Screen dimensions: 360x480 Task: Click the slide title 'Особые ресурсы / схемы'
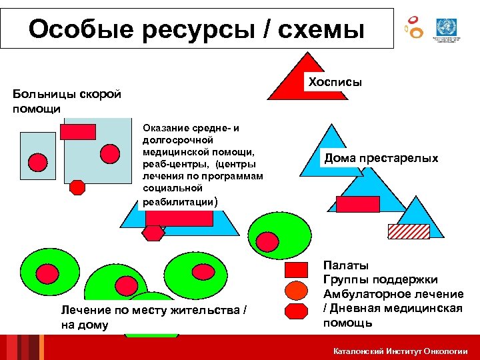[x=197, y=29]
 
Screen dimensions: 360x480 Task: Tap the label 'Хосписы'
[x=335, y=82]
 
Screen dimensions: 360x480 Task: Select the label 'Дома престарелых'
[x=381, y=158]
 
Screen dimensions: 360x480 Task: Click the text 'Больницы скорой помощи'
[x=67, y=101]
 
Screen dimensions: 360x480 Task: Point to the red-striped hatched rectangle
[x=409, y=230]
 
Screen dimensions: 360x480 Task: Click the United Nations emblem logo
[x=444, y=29]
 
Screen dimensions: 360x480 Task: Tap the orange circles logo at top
[x=414, y=27]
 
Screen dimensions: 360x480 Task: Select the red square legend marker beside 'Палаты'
[x=296, y=270]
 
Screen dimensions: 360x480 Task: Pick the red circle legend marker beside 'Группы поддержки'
[x=296, y=290]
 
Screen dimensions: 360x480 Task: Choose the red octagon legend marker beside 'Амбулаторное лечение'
[x=296, y=311]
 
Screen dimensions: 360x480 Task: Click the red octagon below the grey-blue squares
[x=78, y=187]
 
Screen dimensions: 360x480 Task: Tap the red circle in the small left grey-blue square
[x=38, y=162]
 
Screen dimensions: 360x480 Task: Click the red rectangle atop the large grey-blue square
[x=78, y=131]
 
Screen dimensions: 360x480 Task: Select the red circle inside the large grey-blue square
[x=110, y=154]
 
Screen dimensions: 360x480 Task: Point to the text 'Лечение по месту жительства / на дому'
[x=157, y=317]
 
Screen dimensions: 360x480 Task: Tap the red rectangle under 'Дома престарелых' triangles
[x=357, y=204]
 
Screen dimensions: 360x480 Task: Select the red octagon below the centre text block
[x=153, y=233]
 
